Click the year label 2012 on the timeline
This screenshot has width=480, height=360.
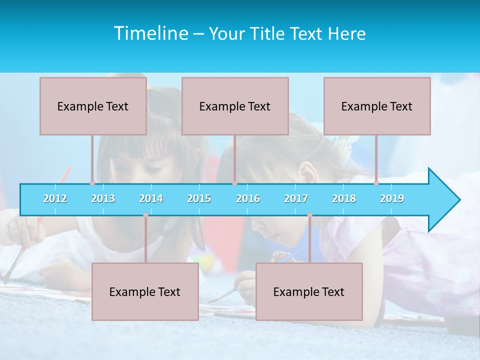point(55,198)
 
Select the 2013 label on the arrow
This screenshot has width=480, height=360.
point(103,198)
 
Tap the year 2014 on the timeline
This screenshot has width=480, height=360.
point(151,198)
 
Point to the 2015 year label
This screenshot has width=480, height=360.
point(199,198)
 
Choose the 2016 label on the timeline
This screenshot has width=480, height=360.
point(248,198)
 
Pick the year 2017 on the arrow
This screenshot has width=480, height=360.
point(296,198)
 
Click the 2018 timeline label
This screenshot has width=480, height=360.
point(344,198)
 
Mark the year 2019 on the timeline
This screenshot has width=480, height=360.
point(392,198)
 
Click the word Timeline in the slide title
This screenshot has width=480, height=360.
point(150,33)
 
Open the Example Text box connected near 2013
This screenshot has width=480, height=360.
point(93,106)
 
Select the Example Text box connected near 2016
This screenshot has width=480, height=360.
point(235,106)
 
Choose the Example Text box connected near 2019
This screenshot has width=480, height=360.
point(377,106)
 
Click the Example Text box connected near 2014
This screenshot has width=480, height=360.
point(145,291)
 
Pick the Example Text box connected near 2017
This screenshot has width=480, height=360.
point(309,291)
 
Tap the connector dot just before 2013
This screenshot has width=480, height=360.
point(92,183)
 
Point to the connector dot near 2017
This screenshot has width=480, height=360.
point(309,215)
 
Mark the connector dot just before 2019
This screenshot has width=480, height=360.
point(376,183)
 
